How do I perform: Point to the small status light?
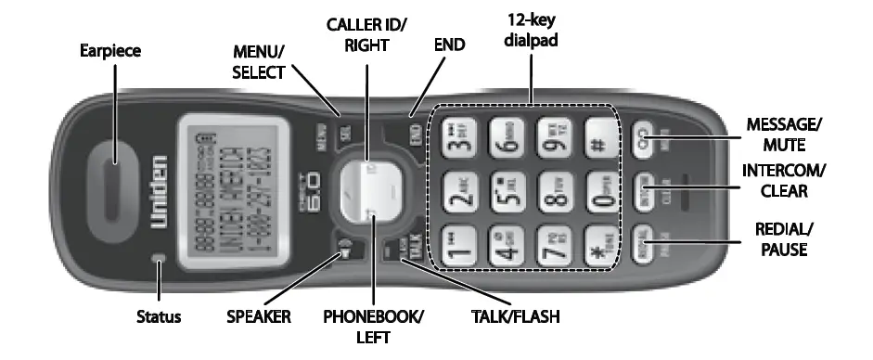pyautogui.click(x=160, y=260)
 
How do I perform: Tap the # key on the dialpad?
pyautogui.click(x=597, y=143)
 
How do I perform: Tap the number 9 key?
pyautogui.click(x=555, y=143)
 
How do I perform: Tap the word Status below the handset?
pyautogui.click(x=160, y=316)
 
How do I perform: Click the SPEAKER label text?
pyautogui.click(x=259, y=316)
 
